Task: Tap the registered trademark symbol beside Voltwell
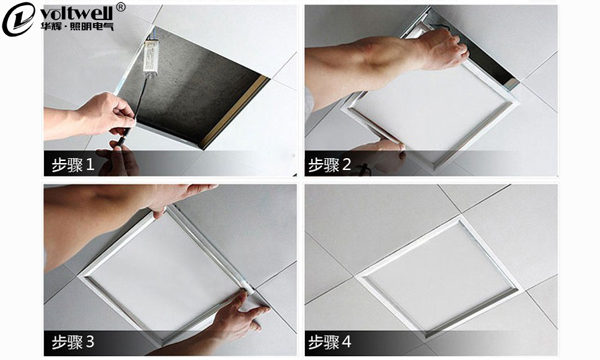[x=120, y=7]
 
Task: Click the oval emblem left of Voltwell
[x=18, y=19]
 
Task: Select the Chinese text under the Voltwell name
[x=77, y=26]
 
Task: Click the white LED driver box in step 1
[x=150, y=57]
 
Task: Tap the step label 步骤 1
[x=73, y=165]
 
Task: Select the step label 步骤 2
[x=329, y=165]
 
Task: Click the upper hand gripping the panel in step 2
[x=443, y=49]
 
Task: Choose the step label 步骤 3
[x=73, y=342]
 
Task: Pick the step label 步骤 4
[x=329, y=342]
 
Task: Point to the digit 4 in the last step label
[x=346, y=342]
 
